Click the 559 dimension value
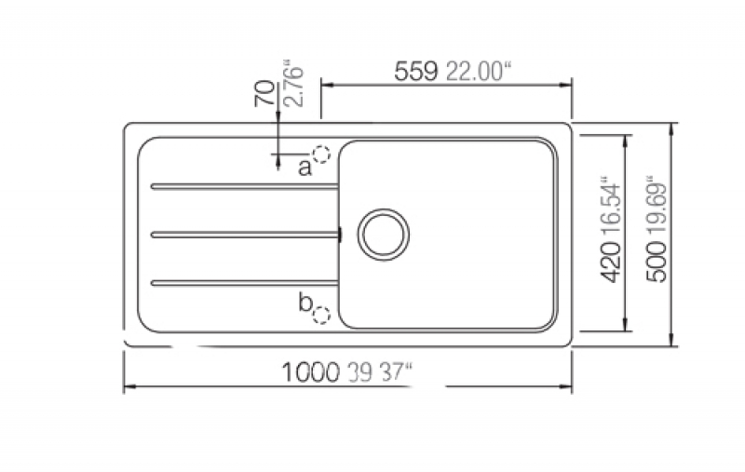[x=415, y=72]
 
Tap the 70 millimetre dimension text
[x=264, y=93]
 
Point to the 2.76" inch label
[x=292, y=84]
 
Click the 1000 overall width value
[x=311, y=372]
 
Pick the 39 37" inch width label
[x=380, y=372]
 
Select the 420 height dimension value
[x=611, y=263]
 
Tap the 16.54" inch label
[x=611, y=208]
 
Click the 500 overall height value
[x=657, y=262]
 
